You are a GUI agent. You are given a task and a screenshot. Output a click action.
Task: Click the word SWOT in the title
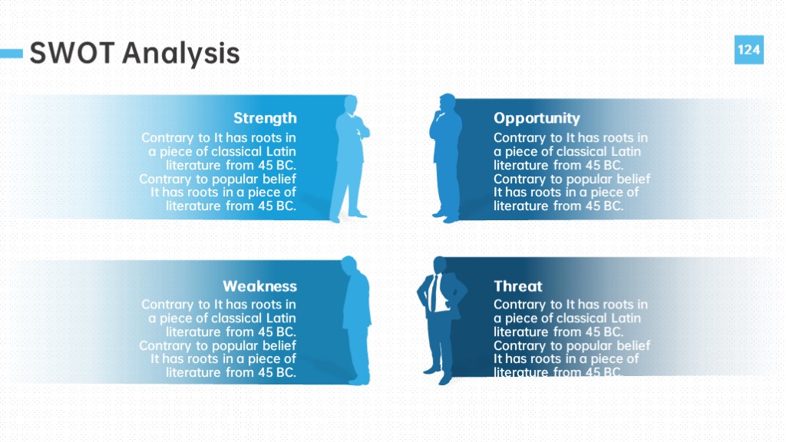click(x=72, y=53)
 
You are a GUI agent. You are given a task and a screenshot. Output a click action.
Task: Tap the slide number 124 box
click(x=749, y=50)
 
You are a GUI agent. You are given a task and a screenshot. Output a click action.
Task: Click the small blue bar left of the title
click(x=12, y=53)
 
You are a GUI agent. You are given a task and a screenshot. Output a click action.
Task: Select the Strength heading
click(x=265, y=118)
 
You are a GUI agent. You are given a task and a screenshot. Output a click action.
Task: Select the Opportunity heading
click(x=537, y=118)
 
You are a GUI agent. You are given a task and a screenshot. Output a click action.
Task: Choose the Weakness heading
click(x=259, y=286)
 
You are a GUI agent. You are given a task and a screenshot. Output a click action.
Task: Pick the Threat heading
click(x=518, y=286)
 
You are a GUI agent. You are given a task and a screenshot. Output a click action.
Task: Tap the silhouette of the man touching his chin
click(x=446, y=158)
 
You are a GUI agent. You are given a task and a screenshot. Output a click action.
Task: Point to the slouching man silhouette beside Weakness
click(x=356, y=321)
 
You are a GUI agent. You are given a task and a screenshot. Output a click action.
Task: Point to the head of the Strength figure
click(x=351, y=104)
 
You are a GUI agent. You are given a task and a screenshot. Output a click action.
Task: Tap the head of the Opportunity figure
click(x=447, y=102)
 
